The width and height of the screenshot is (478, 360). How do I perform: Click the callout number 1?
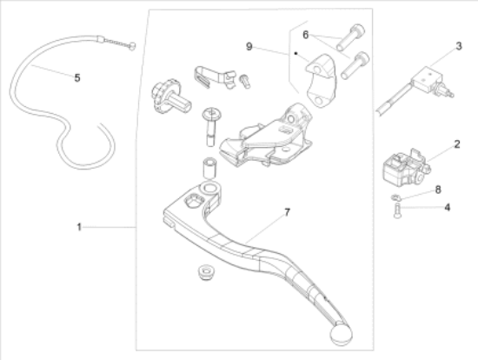(79, 227)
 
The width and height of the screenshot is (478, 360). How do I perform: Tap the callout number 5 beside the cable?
(77, 78)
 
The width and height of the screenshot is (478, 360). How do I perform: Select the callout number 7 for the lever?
(287, 212)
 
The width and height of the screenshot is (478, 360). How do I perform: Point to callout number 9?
(249, 47)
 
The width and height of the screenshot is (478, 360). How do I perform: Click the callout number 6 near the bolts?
(305, 35)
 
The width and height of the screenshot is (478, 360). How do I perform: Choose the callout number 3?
(459, 46)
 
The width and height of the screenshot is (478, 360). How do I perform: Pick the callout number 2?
(456, 144)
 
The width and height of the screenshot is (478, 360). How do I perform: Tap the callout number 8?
(438, 190)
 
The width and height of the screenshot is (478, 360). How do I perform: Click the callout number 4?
(448, 208)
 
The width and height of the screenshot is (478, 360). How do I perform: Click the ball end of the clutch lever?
(341, 335)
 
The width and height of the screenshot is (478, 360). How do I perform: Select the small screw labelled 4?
(397, 211)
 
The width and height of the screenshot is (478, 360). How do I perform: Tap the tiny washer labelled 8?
(395, 197)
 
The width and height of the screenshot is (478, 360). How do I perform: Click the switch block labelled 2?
(406, 168)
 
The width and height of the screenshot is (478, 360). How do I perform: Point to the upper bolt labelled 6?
(350, 37)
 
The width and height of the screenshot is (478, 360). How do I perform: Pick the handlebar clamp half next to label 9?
(322, 81)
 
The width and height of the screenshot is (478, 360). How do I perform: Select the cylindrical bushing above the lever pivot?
(209, 167)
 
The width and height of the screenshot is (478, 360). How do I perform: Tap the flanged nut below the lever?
(206, 272)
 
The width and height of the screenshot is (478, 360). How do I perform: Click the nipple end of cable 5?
(133, 46)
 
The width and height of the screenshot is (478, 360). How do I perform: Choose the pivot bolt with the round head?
(211, 126)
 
